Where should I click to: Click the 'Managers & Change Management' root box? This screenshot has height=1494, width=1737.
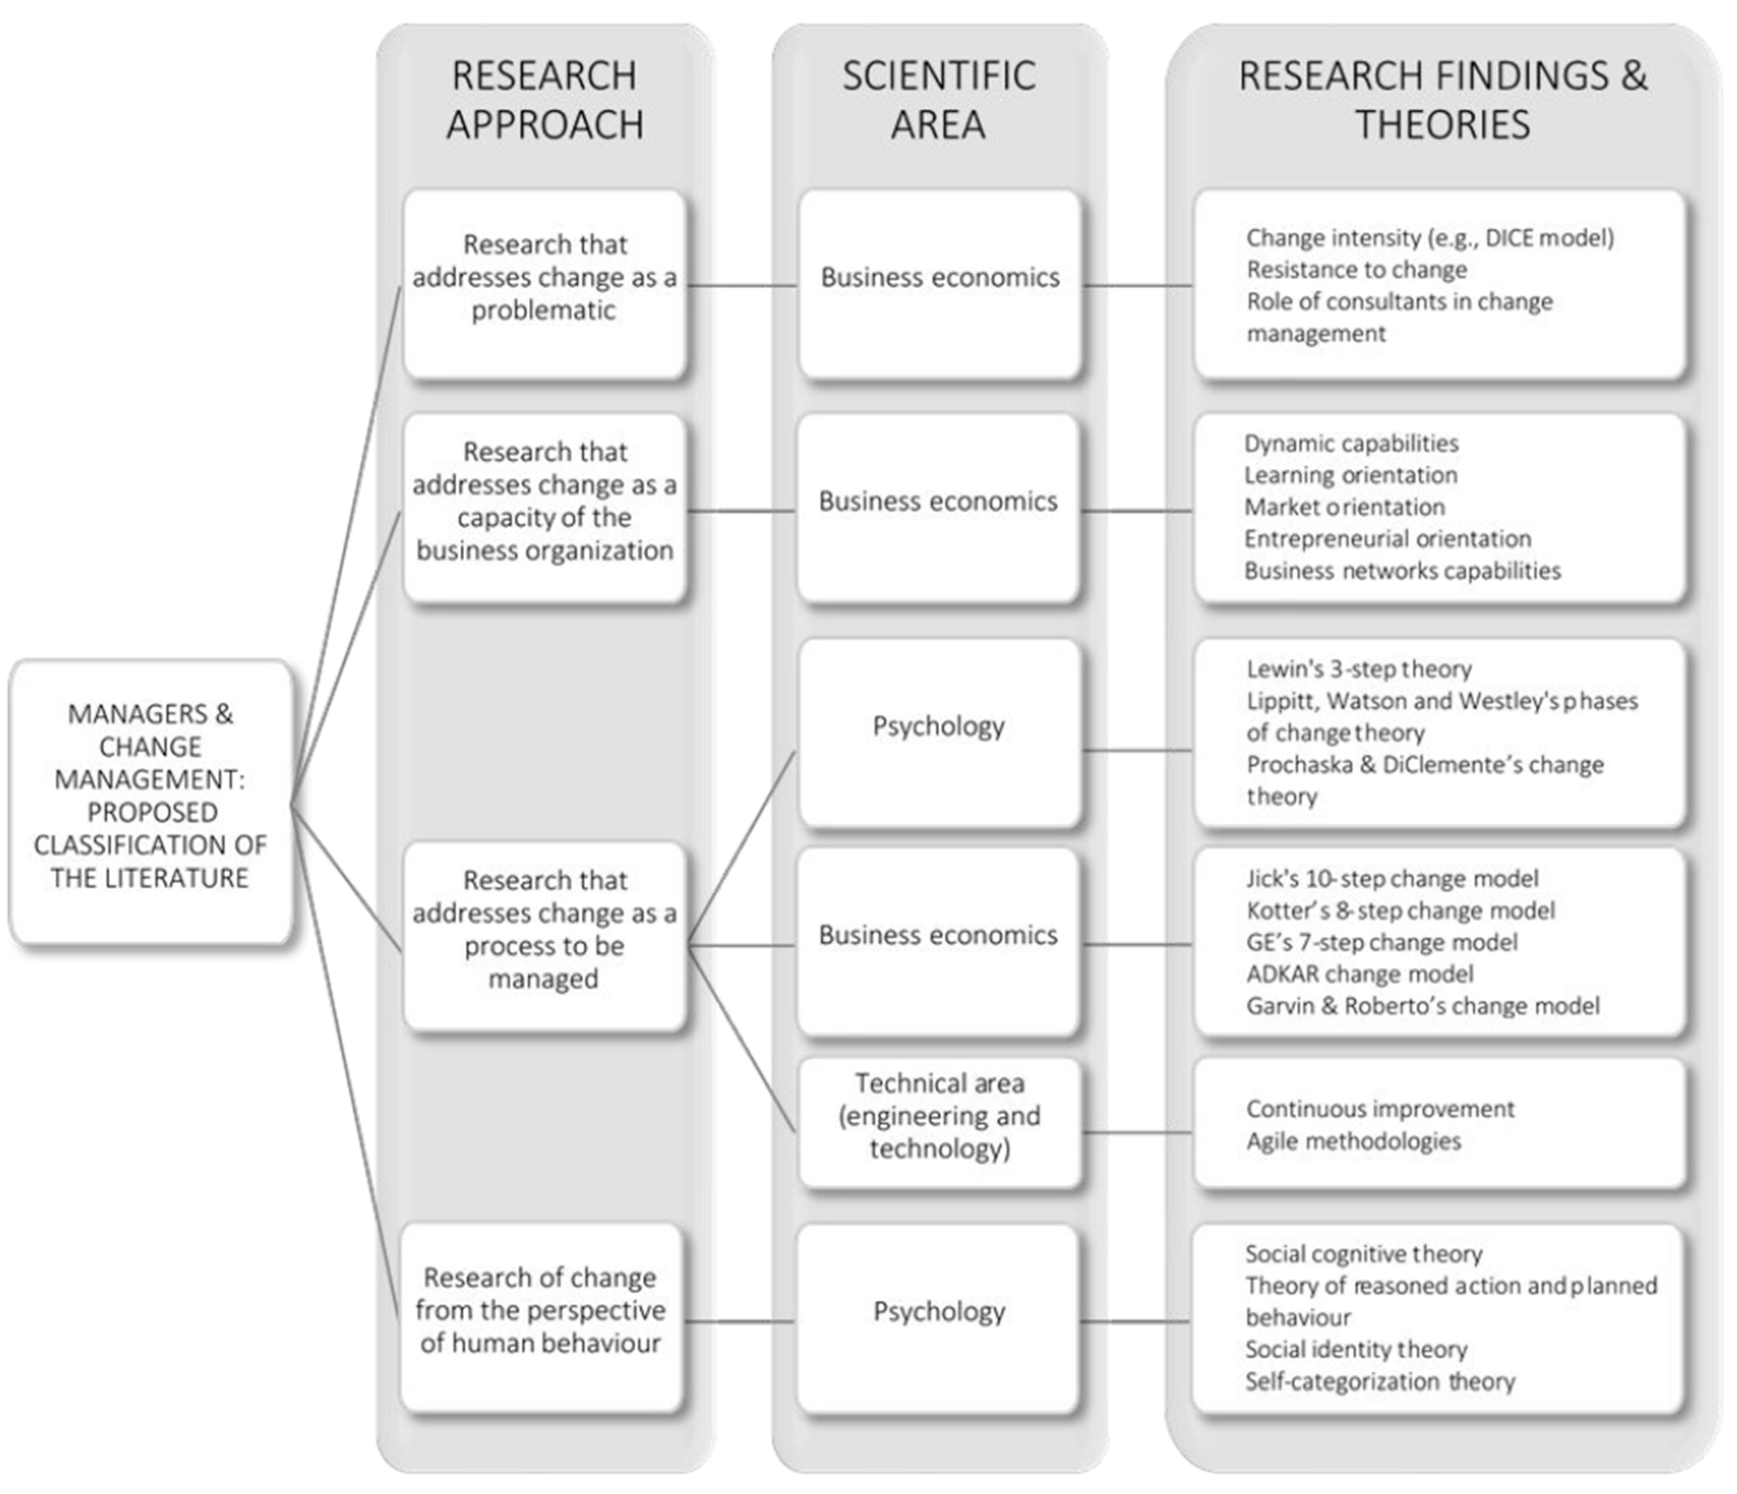click(151, 796)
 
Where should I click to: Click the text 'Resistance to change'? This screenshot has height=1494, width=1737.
click(1356, 270)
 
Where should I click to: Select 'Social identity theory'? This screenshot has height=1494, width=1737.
click(1356, 1349)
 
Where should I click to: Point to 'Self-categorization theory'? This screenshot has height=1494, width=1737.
click(1379, 1381)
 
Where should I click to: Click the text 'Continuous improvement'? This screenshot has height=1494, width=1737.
click(1380, 1109)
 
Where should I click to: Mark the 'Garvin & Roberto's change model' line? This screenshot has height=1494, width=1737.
click(1423, 1006)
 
